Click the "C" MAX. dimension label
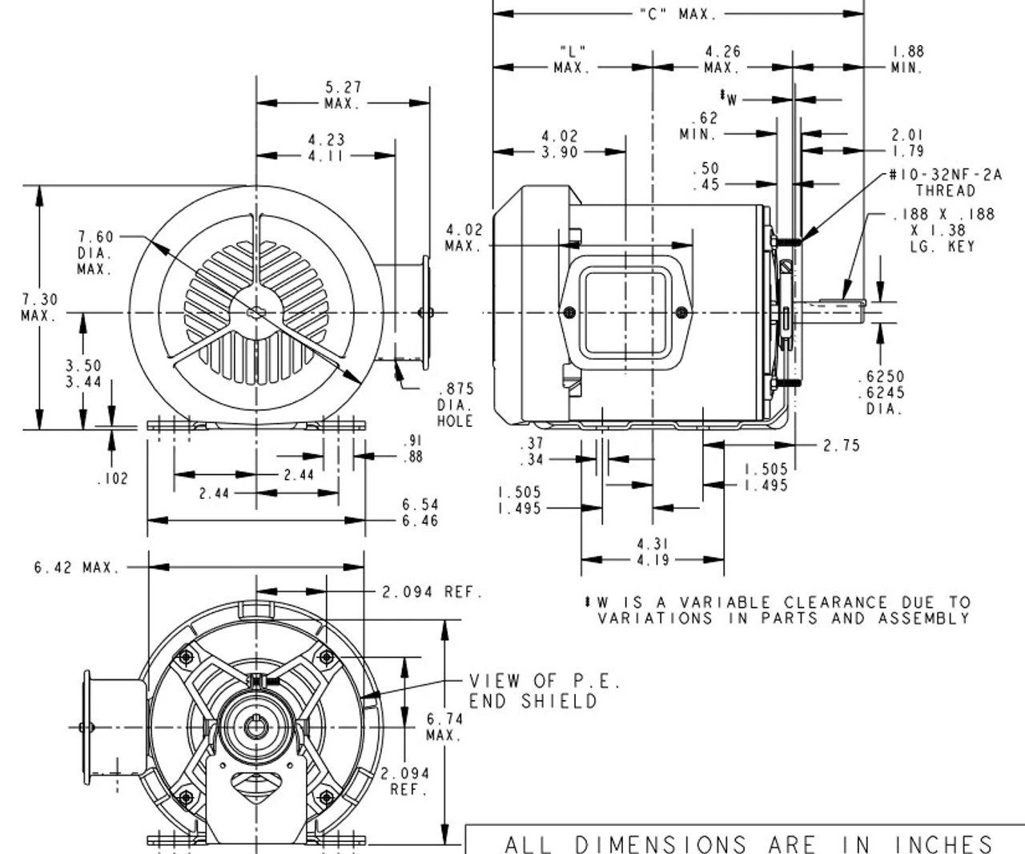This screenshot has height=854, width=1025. (x=677, y=14)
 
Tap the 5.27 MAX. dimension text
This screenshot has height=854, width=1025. (x=343, y=95)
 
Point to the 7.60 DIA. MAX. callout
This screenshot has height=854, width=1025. (x=95, y=252)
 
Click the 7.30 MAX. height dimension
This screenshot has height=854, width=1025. (x=38, y=307)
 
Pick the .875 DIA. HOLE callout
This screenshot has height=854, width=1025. (x=455, y=405)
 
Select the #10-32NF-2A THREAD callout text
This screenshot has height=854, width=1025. (x=945, y=183)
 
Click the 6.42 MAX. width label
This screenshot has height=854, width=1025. (x=76, y=567)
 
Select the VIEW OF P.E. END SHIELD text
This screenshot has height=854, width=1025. (x=545, y=691)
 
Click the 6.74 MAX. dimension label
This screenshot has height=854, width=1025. (x=444, y=727)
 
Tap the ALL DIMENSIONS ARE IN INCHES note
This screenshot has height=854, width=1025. (x=749, y=844)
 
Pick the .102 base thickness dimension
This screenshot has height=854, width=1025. (x=111, y=479)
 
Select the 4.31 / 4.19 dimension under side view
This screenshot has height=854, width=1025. (x=653, y=552)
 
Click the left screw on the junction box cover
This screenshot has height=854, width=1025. (x=569, y=312)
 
